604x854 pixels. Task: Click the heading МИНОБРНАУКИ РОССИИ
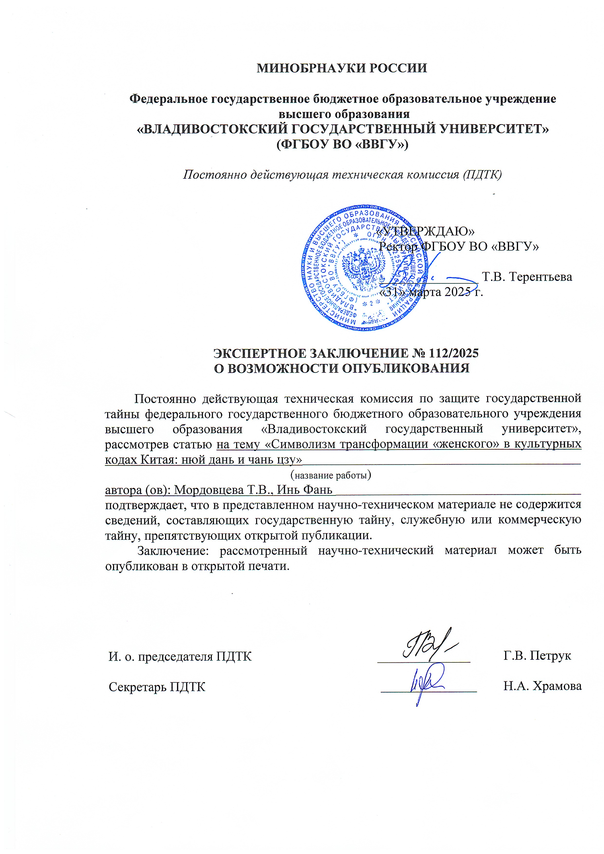[342, 68]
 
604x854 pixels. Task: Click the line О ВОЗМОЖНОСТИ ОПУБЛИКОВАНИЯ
[342, 368]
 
